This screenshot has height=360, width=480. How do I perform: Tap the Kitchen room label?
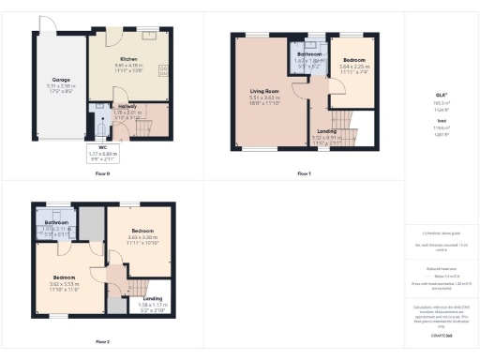127,59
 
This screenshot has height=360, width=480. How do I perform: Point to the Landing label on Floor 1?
327,131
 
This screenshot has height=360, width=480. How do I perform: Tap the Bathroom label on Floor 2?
56,222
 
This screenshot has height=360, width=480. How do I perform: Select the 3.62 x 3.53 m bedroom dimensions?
64,284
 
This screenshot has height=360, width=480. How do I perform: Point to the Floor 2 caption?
102,342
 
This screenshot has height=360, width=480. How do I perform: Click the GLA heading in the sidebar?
440,95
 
